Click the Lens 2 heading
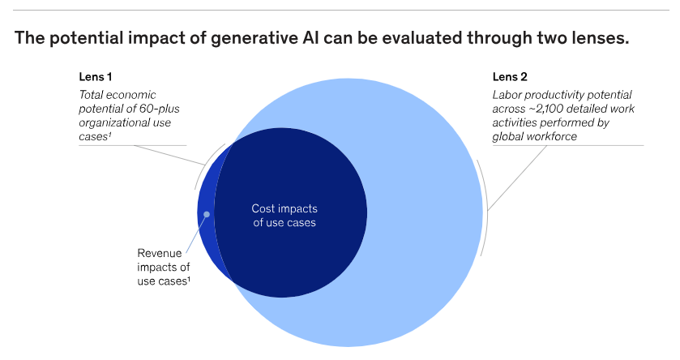click(x=510, y=78)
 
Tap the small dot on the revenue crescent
click(x=207, y=215)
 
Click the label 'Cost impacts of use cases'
click(x=284, y=215)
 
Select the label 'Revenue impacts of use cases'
click(x=163, y=266)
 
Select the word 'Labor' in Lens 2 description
click(x=507, y=95)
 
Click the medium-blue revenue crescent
click(x=207, y=231)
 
